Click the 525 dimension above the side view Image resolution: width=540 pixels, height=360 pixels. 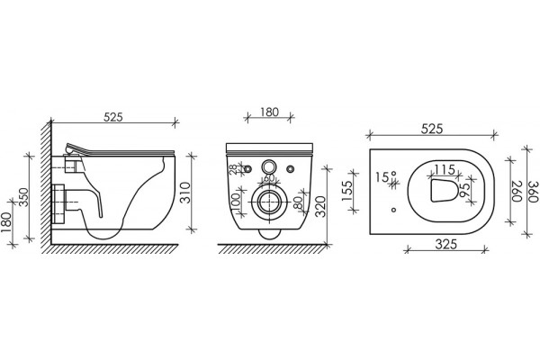pos(113,117)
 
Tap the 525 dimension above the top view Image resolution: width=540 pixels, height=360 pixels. pos(432,129)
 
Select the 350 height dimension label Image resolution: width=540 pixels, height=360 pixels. pos(23,197)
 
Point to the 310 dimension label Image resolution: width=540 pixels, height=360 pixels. pos(185,193)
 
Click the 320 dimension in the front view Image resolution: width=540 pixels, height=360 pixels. pos(320,206)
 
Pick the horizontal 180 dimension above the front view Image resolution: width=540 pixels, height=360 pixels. pos(269,112)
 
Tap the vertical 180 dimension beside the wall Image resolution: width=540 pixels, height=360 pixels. pos(6,222)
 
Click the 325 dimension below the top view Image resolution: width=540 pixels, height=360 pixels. pos(446,244)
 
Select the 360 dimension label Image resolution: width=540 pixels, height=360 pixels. pos(533,192)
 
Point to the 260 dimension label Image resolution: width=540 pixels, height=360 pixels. pos(517,192)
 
